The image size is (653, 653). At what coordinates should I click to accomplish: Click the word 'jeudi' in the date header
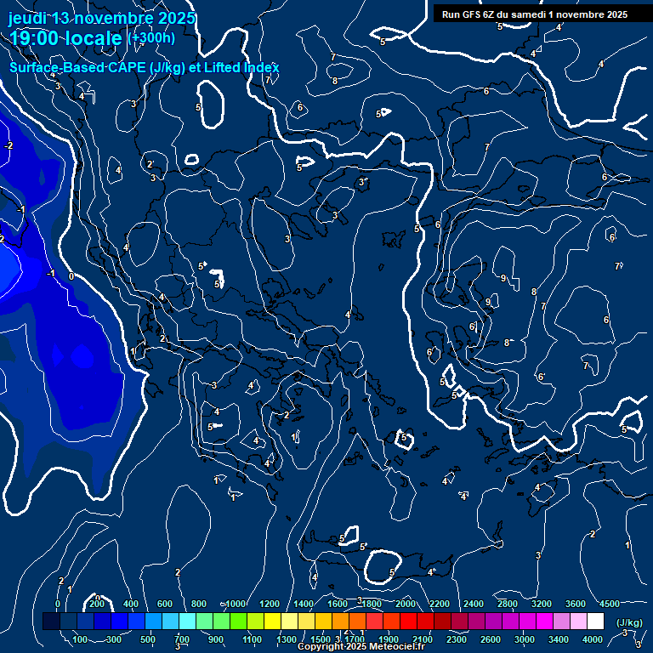26,18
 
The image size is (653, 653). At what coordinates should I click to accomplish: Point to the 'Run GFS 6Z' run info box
535,14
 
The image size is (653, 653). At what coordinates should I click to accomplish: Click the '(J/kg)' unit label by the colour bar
628,622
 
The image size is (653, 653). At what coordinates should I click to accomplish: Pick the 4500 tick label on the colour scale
610,603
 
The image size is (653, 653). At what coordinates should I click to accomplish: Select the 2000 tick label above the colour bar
406,603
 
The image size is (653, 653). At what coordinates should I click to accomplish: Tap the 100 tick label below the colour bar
81,639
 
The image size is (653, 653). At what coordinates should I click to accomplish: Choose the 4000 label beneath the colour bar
592,639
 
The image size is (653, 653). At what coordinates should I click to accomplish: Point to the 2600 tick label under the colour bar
490,639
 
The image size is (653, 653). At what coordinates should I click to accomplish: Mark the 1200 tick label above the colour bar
270,603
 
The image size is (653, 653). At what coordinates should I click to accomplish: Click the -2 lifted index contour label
9,146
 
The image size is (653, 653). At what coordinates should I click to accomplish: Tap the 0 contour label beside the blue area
71,275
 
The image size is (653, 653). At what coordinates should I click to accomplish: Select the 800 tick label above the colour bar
199,603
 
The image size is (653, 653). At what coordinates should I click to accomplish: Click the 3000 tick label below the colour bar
524,639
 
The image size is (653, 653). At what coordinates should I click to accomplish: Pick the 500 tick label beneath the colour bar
148,639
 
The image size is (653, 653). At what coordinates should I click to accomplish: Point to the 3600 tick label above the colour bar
576,603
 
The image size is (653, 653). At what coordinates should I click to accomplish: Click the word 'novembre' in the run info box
586,14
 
